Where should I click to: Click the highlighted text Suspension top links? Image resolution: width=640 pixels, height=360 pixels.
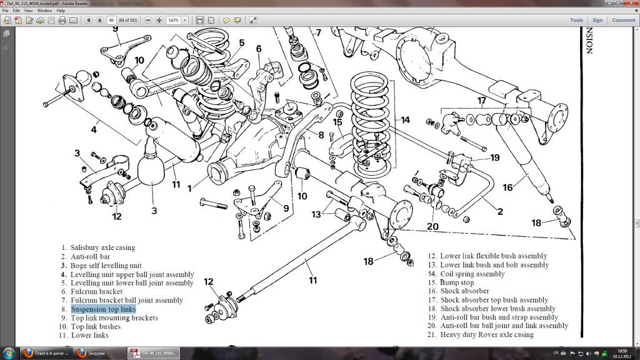coord(103,309)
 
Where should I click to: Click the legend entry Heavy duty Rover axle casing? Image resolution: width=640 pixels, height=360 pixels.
coord(487,334)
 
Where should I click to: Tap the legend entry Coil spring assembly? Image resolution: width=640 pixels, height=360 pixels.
coord(472,274)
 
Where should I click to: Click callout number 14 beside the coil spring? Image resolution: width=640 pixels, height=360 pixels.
coord(405,120)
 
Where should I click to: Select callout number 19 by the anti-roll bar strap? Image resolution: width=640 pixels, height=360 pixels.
coord(495,157)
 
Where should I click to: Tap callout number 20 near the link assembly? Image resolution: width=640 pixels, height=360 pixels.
coord(433,226)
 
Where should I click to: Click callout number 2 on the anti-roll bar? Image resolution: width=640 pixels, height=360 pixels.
coord(499,211)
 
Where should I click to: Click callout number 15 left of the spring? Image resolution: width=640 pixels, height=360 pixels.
coord(337,122)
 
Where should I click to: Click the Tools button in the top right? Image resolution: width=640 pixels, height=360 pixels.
coord(576,20)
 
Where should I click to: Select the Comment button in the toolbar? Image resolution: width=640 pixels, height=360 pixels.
coord(623,20)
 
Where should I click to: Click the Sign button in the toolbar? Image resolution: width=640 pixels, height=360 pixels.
coord(597,20)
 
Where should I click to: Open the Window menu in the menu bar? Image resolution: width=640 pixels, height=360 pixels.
coord(44,11)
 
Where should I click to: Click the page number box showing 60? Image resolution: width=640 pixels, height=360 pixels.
coord(111,20)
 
